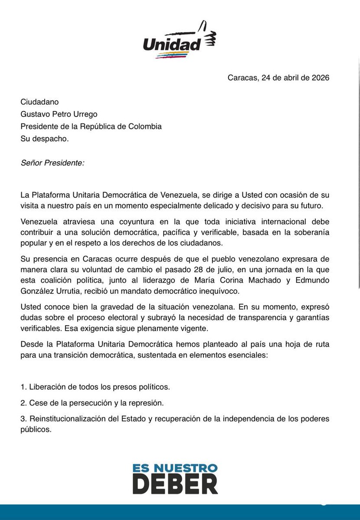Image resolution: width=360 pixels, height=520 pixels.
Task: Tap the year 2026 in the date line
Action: (x=320, y=78)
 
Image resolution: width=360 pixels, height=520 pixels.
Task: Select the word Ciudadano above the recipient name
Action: (x=39, y=102)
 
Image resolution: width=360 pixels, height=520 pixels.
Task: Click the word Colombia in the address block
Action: (x=145, y=127)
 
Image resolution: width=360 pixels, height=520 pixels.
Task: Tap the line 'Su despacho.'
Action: (x=45, y=139)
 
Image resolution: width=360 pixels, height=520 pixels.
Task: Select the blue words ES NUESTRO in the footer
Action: (x=175, y=468)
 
